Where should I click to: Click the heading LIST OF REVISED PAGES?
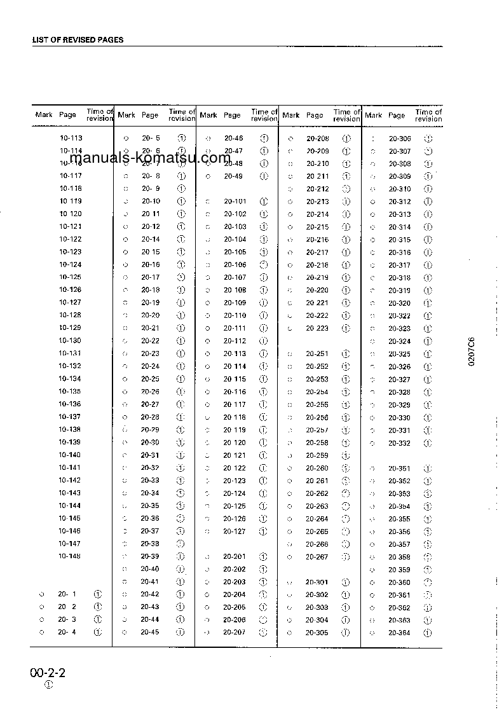click(x=78, y=39)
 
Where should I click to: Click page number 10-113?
click(x=71, y=138)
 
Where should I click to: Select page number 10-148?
click(x=71, y=556)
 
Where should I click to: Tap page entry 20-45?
click(x=150, y=632)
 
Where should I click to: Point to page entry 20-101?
click(x=235, y=202)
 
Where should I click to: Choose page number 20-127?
click(x=235, y=531)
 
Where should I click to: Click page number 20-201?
click(x=235, y=556)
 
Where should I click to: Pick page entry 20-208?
click(x=317, y=139)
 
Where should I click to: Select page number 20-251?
click(x=317, y=354)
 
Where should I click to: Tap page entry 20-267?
click(x=317, y=556)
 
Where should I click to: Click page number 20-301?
click(x=317, y=582)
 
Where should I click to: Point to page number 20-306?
click(x=400, y=139)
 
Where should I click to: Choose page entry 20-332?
click(x=400, y=443)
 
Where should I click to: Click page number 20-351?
click(x=400, y=468)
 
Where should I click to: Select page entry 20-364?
click(x=400, y=633)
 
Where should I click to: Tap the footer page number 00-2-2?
click(x=48, y=673)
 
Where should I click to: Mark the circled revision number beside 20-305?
click(x=346, y=633)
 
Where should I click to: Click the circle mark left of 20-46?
click(x=208, y=138)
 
